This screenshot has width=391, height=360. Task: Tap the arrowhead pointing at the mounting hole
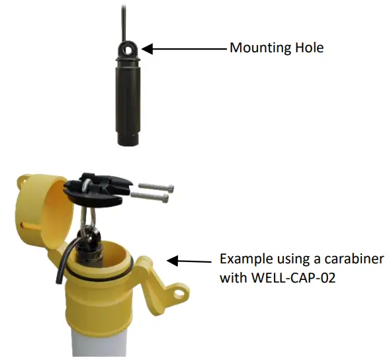tap(148, 48)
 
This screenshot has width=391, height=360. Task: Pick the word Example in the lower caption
tap(244, 258)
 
